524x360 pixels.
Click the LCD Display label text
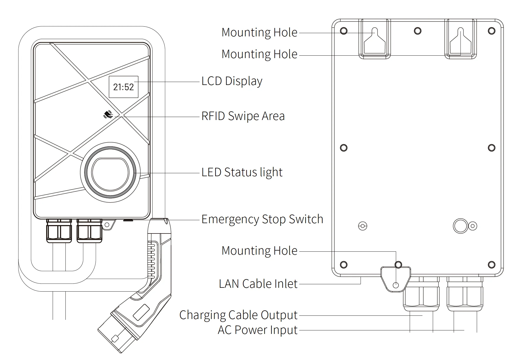tap(232, 81)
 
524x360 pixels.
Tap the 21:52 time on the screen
tap(124, 87)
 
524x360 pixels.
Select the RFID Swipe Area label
tap(243, 116)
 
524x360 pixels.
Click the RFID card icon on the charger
tap(108, 115)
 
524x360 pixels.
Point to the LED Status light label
tap(242, 172)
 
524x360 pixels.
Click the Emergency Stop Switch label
tap(262, 219)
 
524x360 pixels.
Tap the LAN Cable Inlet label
tap(258, 284)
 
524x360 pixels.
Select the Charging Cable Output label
tap(238, 315)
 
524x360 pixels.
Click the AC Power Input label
tap(258, 330)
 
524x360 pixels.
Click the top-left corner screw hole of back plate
tap(344, 31)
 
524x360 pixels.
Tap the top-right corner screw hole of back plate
tap(492, 31)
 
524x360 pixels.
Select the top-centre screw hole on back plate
tap(418, 31)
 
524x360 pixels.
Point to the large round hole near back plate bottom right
tap(460, 226)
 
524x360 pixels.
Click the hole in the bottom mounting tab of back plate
tap(396, 285)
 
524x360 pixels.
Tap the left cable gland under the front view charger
tap(59, 231)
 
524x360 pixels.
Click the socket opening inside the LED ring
tap(110, 174)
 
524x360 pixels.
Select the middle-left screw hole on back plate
tap(344, 148)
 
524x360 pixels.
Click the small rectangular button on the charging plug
tap(141, 312)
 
